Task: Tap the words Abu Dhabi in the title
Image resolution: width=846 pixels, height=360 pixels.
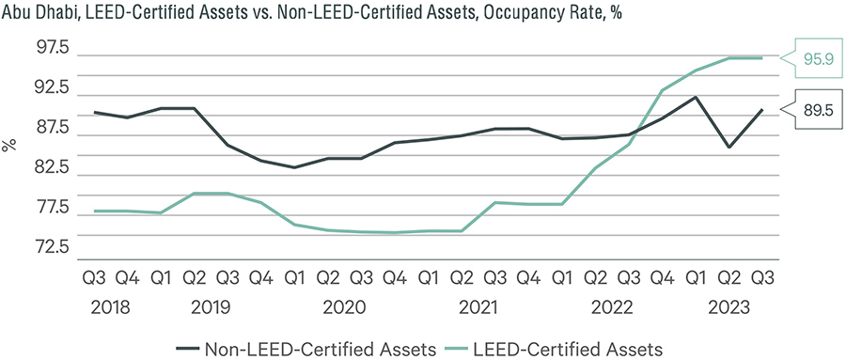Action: tap(39, 12)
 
